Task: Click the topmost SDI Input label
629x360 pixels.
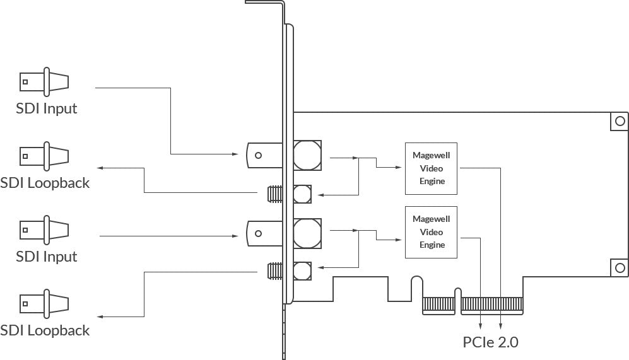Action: coord(47,108)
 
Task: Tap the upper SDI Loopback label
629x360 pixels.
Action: coord(45,183)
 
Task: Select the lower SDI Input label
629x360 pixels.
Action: coord(47,257)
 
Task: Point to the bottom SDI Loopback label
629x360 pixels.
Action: coord(45,330)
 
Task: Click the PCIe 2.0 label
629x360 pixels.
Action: coord(490,342)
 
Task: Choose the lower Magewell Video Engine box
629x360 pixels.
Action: coord(432,232)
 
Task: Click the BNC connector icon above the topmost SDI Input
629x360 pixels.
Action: coord(44,82)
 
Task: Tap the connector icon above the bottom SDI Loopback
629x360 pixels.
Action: coord(44,304)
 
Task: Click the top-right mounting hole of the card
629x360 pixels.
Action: coord(620,120)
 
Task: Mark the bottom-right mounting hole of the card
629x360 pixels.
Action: coord(620,267)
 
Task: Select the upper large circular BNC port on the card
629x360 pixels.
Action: coord(307,155)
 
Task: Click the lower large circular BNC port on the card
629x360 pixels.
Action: coord(307,233)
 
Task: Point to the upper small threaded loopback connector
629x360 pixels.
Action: coord(275,194)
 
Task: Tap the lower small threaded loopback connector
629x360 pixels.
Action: coord(275,271)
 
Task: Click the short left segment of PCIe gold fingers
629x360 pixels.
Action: coord(438,306)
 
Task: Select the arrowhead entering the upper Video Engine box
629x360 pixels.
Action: coord(398,167)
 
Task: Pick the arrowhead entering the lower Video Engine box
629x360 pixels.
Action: coord(398,240)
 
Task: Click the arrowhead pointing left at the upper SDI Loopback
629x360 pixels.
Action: coord(101,168)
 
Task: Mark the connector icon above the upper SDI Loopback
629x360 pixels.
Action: coord(44,156)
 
